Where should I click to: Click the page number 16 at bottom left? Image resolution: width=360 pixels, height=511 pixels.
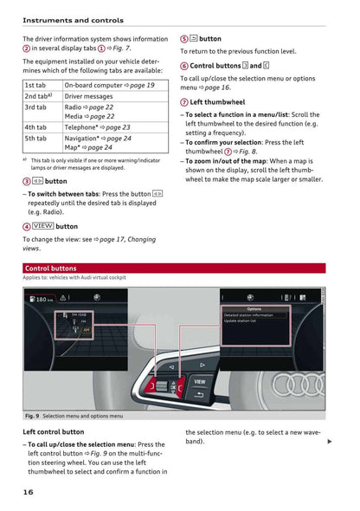coord(29,492)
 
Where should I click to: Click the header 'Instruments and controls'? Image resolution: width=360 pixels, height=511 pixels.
coord(73,19)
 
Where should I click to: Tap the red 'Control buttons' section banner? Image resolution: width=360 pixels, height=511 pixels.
coord(51,268)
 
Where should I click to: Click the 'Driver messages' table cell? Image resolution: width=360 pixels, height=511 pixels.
coord(89,96)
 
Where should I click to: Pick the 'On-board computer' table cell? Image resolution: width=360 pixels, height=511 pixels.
coord(109,86)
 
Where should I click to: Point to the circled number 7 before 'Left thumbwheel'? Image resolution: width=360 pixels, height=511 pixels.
coord(184,102)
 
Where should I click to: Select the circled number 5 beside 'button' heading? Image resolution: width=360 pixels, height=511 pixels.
coord(184,39)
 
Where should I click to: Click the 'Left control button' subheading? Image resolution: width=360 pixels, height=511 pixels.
coord(54,431)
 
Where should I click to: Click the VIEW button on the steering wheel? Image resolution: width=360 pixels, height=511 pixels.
coord(199,381)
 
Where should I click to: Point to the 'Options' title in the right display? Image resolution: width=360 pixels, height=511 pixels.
coord(254,307)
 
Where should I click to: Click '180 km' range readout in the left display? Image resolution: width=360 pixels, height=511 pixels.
coord(40,300)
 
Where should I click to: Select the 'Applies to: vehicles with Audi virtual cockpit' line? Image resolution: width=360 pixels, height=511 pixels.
coord(75,279)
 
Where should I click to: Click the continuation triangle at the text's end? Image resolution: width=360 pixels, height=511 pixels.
coord(330,442)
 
